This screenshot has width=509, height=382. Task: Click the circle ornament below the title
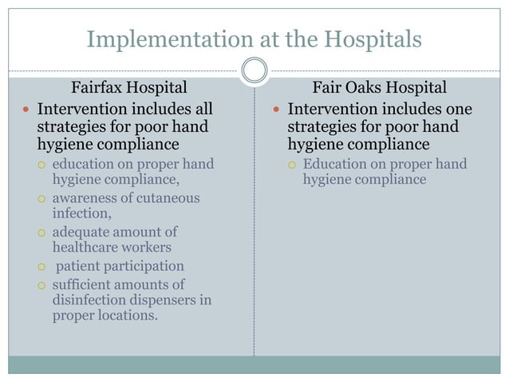254,70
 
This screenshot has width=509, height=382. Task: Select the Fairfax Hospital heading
130,87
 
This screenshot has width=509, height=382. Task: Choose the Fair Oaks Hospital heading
379,87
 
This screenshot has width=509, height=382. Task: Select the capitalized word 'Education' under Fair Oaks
334,165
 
